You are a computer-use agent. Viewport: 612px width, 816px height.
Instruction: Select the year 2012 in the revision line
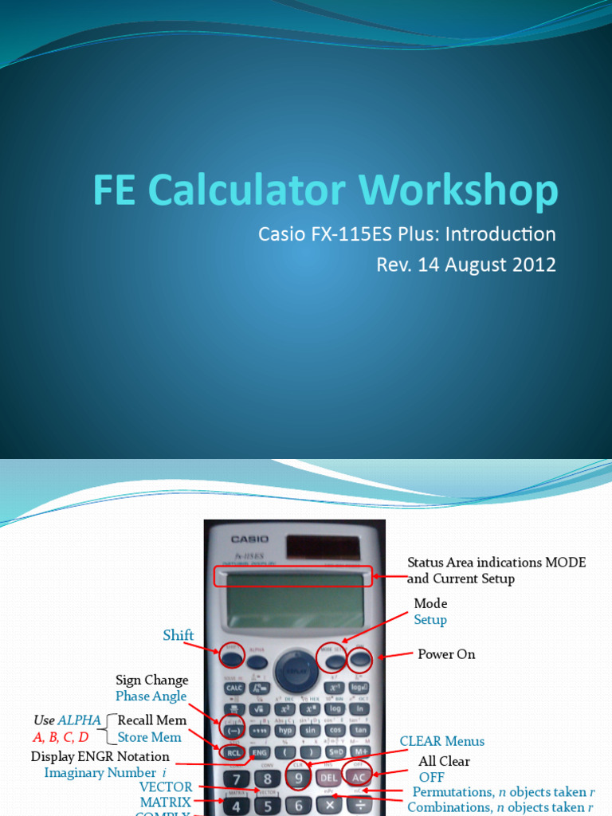coord(529,265)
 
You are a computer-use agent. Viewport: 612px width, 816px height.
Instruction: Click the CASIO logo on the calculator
coord(250,539)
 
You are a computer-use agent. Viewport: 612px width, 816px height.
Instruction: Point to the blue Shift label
coord(178,635)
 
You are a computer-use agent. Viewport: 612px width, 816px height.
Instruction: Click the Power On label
coord(446,654)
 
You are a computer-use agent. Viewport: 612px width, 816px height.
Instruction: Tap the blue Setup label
coord(430,620)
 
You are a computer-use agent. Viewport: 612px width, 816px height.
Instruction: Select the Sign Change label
coord(152,681)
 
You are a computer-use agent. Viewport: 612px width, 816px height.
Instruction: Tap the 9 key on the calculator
coord(298,779)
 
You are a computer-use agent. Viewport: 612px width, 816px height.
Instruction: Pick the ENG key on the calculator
coord(259,751)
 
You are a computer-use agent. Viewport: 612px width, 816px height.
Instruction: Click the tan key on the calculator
coord(360,730)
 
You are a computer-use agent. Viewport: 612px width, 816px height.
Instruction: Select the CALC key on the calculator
coord(234,688)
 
